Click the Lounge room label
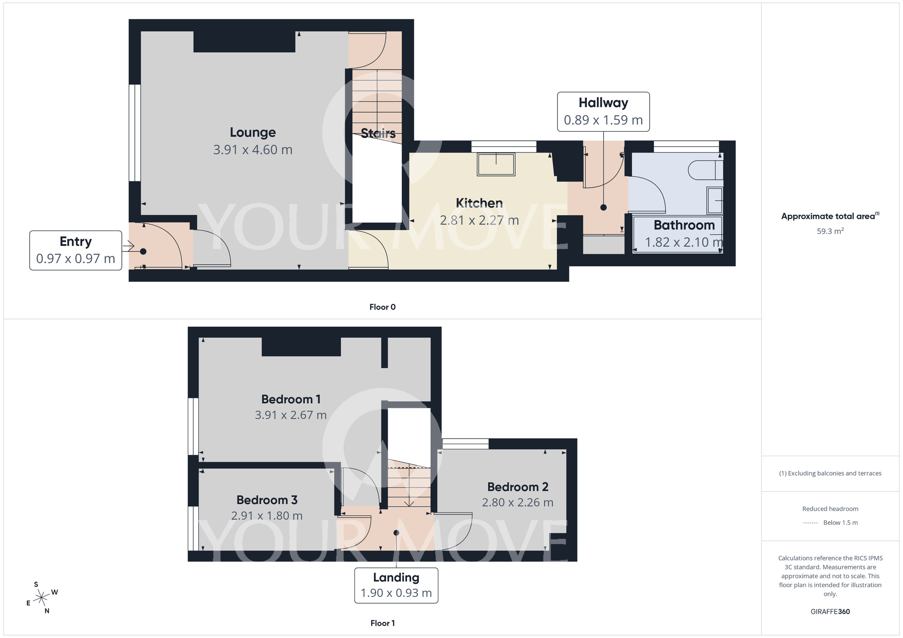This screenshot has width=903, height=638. tap(252, 133)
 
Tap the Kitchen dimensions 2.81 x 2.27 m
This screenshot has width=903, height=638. tap(479, 220)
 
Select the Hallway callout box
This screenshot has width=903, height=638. tap(603, 112)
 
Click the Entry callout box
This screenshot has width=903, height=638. tap(76, 250)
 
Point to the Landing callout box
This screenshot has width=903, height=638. tap(396, 585)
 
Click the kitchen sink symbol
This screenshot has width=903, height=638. tap(496, 164)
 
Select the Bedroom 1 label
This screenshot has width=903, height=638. tap(291, 399)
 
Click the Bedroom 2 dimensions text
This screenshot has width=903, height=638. tap(517, 502)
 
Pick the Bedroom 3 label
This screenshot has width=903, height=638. tap(267, 500)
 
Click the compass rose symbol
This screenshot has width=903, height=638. tap(42, 598)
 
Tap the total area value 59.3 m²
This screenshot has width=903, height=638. tap(830, 231)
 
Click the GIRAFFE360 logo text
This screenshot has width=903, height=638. tap(830, 612)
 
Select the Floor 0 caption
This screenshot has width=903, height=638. tap(382, 307)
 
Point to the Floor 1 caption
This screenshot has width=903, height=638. tap(382, 623)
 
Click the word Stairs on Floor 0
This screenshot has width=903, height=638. tap(378, 133)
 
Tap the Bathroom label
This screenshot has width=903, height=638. tap(684, 225)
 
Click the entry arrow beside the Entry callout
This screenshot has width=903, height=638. tap(128, 246)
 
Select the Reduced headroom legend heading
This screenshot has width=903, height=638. tap(830, 509)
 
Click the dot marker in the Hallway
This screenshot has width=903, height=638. tap(603, 208)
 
